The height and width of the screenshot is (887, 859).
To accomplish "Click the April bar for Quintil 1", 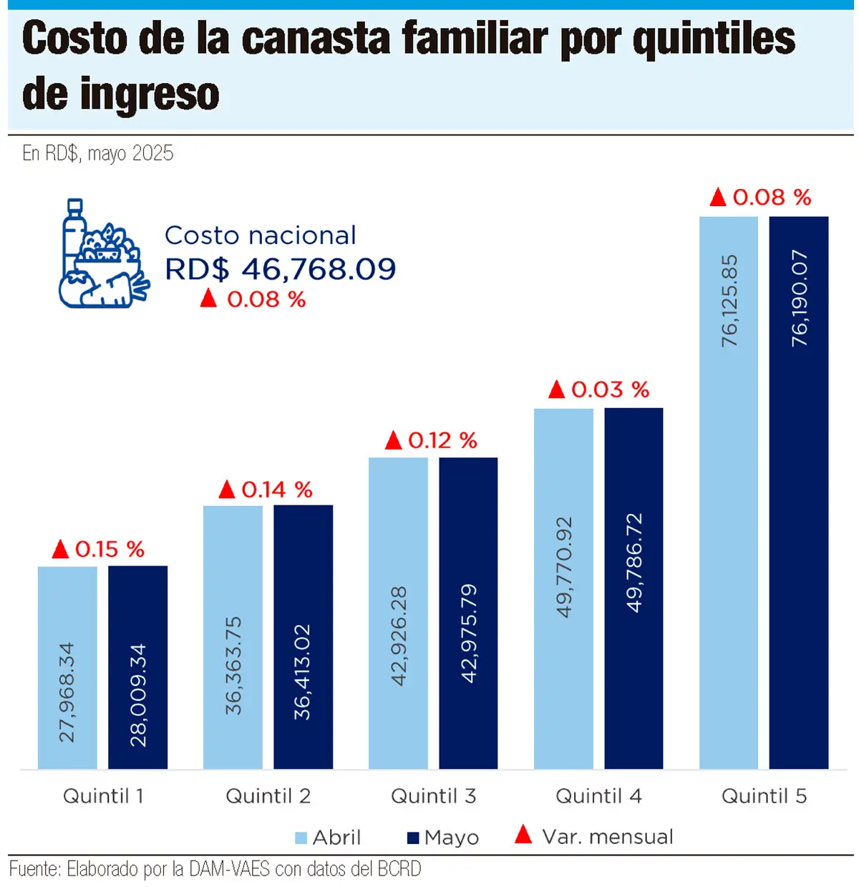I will tap(67, 667).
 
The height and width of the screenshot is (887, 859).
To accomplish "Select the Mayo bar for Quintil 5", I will tap(798, 493).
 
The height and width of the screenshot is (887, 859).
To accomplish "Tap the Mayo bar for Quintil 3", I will tap(468, 613).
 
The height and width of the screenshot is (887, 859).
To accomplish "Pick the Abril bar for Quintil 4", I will tap(563, 588).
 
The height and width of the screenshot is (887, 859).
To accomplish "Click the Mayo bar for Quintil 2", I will tap(303, 637).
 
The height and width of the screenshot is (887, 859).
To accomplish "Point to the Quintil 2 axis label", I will tap(268, 796).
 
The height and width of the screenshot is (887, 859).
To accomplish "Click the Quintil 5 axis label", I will tap(764, 796).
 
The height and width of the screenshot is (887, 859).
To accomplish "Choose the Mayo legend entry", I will tap(443, 837).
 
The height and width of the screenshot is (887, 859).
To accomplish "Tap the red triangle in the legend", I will tap(523, 835).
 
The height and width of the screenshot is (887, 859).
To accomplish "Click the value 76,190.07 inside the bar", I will tap(799, 299).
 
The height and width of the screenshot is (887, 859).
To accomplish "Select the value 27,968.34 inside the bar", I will tap(67, 692).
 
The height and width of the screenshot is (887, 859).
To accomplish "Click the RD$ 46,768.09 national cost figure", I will tap(280, 269).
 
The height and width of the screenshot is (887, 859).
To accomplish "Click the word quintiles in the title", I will tap(714, 39).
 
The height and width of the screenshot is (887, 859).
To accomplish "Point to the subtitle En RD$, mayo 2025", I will tap(98, 153).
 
